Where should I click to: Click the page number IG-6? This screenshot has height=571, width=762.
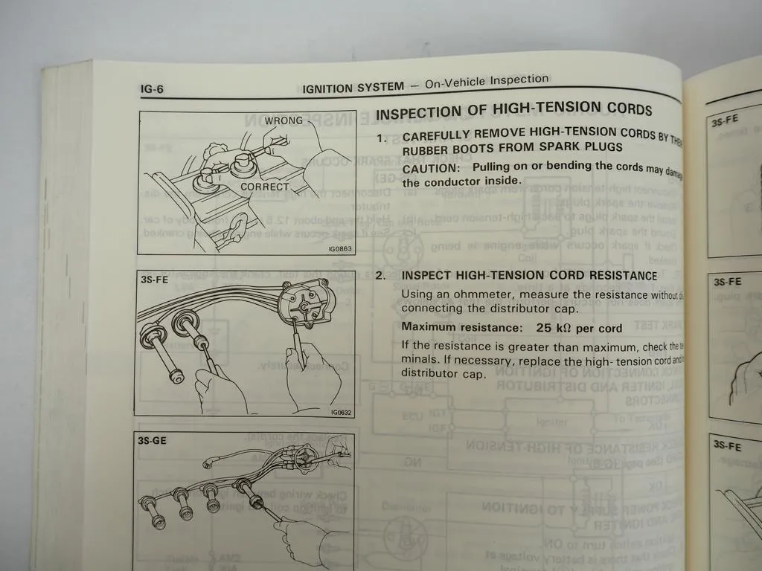tap(152, 89)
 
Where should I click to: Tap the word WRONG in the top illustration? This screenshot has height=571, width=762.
tap(263, 120)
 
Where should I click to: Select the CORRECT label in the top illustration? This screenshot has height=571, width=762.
tap(264, 187)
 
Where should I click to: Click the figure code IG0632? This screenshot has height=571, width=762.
tap(340, 413)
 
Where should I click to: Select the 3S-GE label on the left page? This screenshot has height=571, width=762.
tap(153, 440)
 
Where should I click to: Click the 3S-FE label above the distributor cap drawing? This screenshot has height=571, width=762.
tap(153, 282)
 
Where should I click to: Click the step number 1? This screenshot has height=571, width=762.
tap(381, 138)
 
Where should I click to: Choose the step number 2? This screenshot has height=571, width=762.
tap(380, 277)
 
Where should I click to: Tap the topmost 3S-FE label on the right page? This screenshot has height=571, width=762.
tap(725, 121)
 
